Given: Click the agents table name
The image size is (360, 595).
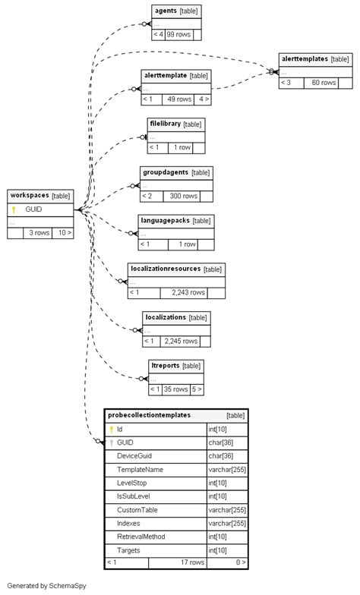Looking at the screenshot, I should pos(166,11).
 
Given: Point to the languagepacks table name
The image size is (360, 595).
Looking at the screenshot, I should pos(165,220).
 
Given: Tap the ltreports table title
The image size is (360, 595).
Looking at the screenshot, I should pos(165,365).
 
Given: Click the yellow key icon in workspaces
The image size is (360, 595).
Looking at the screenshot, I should pos(14,209).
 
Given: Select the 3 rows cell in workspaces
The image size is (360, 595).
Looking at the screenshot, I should pos(39,233).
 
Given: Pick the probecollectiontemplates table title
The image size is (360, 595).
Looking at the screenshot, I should pos(149,415).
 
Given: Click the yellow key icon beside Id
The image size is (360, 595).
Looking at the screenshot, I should pos(112,430).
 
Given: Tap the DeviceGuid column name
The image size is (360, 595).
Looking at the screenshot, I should pos(134,456).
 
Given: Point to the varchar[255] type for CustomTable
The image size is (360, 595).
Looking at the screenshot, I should pos(226,510).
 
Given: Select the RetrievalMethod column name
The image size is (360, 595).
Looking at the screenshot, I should pos(141,537).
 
